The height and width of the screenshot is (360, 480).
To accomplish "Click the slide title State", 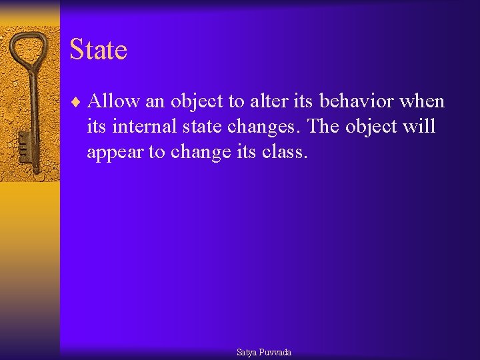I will click(x=98, y=50).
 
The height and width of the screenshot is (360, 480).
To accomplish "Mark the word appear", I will click(x=116, y=153).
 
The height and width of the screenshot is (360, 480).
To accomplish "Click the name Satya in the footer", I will click(x=247, y=352).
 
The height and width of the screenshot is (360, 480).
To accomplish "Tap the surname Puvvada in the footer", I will click(x=275, y=352).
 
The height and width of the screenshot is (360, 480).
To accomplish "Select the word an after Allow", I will click(x=155, y=102).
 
